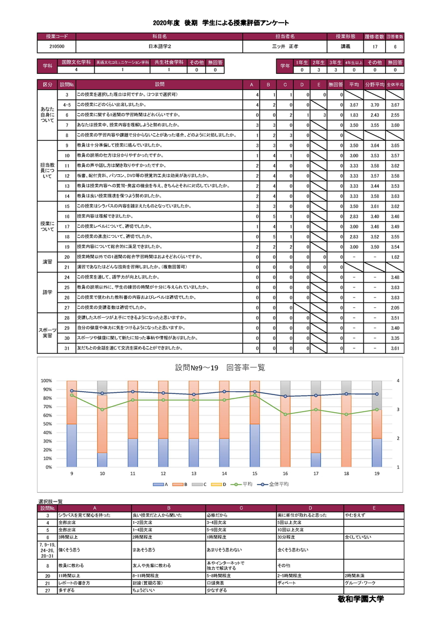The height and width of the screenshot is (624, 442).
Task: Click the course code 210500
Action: [x=56, y=47]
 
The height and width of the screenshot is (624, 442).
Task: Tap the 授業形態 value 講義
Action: [x=345, y=47]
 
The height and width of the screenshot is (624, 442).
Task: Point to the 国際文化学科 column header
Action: [x=76, y=62]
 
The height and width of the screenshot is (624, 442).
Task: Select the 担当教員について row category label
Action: [x=48, y=170]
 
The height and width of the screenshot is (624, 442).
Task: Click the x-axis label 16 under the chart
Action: [x=285, y=473]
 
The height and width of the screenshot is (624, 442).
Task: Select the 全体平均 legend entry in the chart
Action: [x=279, y=484]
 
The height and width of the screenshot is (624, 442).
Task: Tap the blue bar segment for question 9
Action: [x=72, y=445]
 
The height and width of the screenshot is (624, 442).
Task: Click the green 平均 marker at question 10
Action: [x=102, y=409]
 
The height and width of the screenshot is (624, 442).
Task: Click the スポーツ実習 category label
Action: [x=48, y=333]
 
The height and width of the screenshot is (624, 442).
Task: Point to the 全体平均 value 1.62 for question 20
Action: [x=394, y=257]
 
